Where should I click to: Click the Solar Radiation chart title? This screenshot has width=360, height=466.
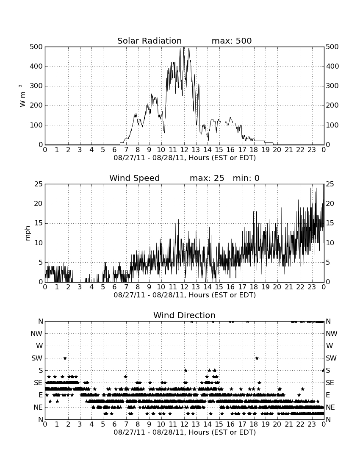(x=150, y=41)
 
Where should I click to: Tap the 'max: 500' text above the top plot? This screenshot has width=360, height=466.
(x=232, y=41)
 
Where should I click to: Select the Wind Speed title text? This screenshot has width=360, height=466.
(x=135, y=178)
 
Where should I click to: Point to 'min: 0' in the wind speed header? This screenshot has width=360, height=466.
(x=246, y=178)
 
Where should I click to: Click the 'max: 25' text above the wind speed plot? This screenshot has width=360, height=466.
(x=207, y=178)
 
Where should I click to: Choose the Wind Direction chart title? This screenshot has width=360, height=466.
(x=185, y=315)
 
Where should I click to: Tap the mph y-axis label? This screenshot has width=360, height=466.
(x=28, y=233)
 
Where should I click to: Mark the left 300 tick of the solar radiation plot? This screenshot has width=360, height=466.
(x=36, y=86)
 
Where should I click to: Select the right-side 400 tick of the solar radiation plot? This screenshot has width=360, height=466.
(x=332, y=66)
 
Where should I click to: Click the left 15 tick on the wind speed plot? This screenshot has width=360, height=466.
(x=39, y=223)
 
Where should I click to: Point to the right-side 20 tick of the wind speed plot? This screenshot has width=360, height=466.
(x=330, y=204)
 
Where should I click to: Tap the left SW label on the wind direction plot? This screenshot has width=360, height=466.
(x=37, y=358)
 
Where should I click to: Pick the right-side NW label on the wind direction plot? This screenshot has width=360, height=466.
(x=332, y=333)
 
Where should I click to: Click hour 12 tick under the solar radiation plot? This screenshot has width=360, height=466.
(x=184, y=150)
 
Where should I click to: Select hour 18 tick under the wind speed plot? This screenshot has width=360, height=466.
(x=254, y=287)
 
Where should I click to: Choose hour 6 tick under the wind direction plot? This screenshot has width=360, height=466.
(x=115, y=424)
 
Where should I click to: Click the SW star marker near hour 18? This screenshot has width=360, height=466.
(x=257, y=358)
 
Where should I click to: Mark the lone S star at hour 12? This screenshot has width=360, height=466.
(x=186, y=370)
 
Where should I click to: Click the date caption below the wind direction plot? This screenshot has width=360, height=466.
(x=185, y=432)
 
